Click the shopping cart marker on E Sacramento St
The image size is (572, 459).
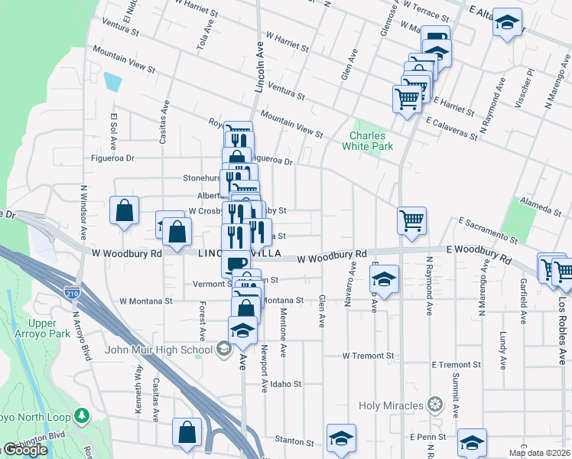point(411,220)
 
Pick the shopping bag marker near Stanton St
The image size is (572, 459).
point(187,432)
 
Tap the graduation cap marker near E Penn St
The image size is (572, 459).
point(472,442)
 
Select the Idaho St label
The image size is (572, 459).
point(286,384)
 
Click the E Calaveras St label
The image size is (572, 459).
point(452,126)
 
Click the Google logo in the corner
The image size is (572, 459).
point(24,451)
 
